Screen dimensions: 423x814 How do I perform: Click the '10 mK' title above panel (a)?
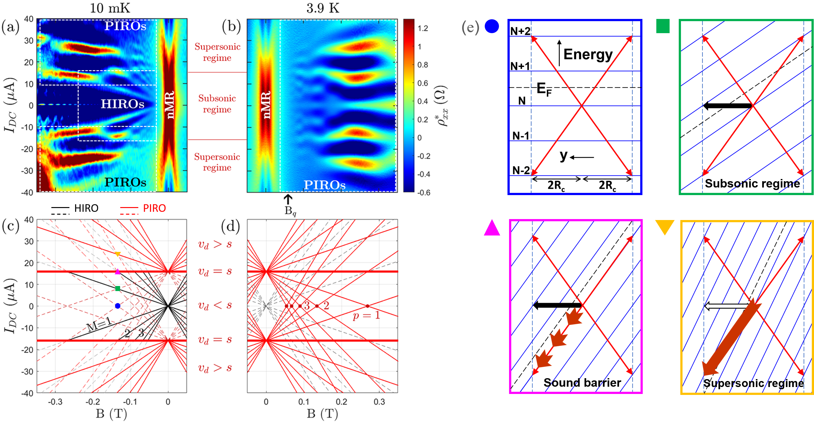click(x=110, y=8)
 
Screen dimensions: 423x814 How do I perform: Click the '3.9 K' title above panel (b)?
click(x=323, y=8)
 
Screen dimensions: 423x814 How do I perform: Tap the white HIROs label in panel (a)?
click(x=122, y=104)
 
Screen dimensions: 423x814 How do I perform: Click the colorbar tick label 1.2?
click(x=422, y=28)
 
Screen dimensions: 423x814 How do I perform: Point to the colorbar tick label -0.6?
click(x=423, y=193)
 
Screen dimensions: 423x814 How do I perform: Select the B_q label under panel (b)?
click(x=290, y=211)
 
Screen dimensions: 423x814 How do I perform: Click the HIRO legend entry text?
click(x=86, y=208)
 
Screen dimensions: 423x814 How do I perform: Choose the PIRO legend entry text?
click(x=154, y=208)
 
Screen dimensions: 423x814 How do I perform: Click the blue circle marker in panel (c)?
click(x=118, y=306)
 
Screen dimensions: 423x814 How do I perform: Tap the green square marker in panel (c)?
click(x=118, y=289)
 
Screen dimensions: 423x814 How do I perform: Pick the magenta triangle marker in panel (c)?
click(x=118, y=272)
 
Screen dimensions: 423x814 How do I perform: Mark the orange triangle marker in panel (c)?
click(x=118, y=254)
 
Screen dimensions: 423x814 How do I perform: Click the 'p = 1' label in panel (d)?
click(x=366, y=315)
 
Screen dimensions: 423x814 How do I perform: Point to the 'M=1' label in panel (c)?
click(x=99, y=324)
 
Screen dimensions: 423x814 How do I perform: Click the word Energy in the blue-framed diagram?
click(x=588, y=54)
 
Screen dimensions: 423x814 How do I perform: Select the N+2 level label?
click(x=520, y=31)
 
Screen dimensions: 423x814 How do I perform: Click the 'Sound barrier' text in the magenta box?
click(x=582, y=383)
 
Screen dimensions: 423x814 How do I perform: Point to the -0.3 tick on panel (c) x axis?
click(x=55, y=402)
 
